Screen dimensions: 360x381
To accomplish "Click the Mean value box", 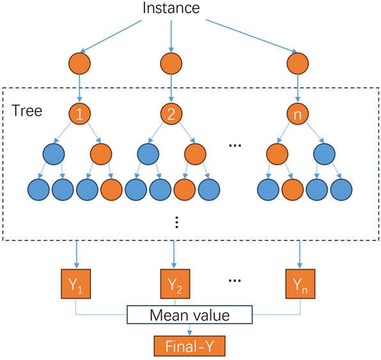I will (x=189, y=315).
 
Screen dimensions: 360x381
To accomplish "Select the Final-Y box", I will (x=189, y=346).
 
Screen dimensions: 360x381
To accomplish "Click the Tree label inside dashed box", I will (x=27, y=111).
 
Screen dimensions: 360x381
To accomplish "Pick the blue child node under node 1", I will (x=54, y=154).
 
